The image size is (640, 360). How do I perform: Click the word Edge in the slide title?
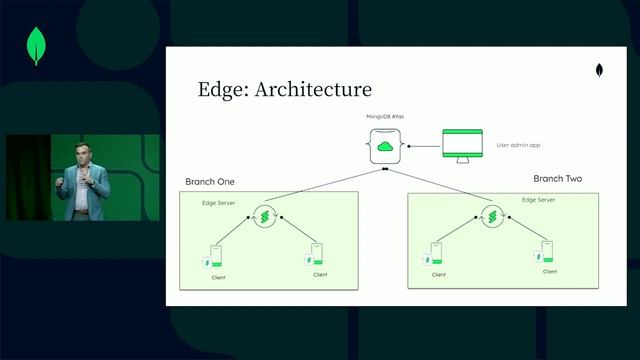(x=223, y=90)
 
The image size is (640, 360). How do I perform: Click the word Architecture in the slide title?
(x=314, y=90)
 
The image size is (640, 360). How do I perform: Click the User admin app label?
(x=518, y=145)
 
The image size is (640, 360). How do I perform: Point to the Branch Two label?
(x=557, y=178)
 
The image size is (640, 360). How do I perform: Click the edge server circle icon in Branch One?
(x=265, y=217)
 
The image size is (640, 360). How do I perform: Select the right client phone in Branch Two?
(x=547, y=252)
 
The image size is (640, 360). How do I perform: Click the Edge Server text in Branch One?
(x=220, y=203)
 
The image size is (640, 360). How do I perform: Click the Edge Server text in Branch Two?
(x=541, y=200)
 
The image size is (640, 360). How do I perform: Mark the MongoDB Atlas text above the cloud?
(x=384, y=118)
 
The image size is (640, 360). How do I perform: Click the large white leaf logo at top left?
(x=38, y=45)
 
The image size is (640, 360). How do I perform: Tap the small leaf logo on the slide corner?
(x=599, y=73)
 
